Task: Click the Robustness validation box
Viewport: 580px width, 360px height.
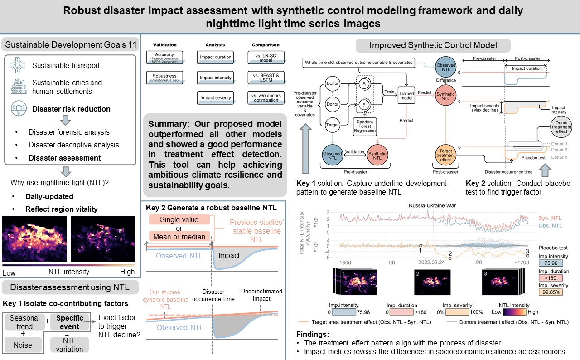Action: (164, 77)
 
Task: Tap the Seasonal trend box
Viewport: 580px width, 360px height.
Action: (24, 321)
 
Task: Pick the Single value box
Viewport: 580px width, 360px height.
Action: (179, 220)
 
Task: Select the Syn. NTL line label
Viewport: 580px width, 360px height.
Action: (551, 218)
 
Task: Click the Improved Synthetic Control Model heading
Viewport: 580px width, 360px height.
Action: (433, 45)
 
